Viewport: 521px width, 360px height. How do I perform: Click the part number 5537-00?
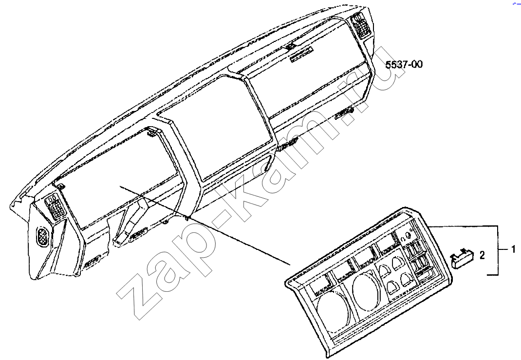click(404, 64)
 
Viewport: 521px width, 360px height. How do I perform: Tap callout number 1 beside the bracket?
click(513, 249)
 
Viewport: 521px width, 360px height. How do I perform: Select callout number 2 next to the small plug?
click(482, 255)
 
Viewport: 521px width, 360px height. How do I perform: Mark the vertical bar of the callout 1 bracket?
click(498, 250)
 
